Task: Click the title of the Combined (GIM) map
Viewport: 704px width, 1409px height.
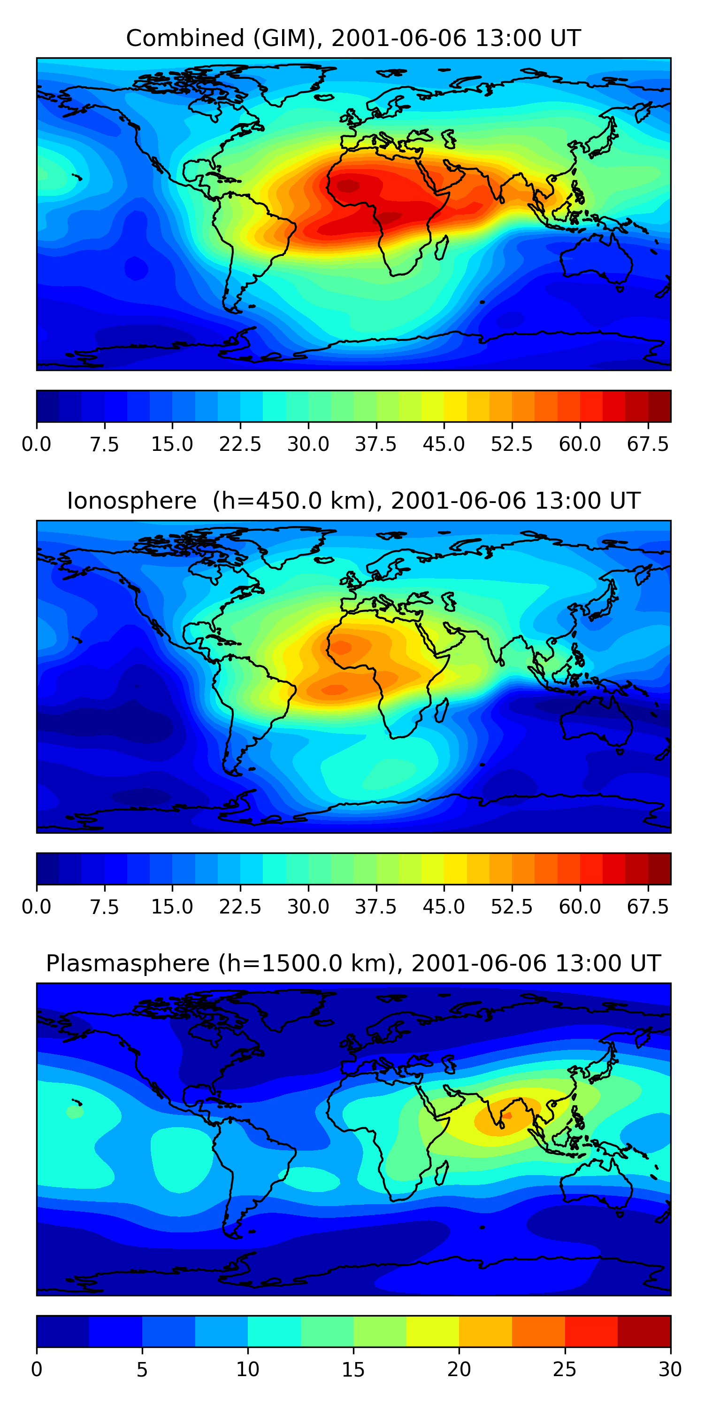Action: pyautogui.click(x=353, y=39)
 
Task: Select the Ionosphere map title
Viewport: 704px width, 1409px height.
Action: pyautogui.click(x=353, y=501)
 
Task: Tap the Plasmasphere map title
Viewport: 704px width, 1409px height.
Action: pyautogui.click(x=353, y=963)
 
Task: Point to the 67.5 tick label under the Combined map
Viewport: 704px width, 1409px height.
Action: pyautogui.click(x=648, y=445)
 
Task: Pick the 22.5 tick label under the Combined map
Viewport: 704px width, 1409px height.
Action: pyautogui.click(x=240, y=445)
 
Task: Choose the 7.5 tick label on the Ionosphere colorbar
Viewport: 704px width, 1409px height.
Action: pyautogui.click(x=104, y=907)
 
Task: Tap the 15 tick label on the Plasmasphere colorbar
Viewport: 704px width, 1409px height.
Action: pyautogui.click(x=353, y=1370)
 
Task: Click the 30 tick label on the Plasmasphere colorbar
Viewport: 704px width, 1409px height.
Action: pyautogui.click(x=670, y=1370)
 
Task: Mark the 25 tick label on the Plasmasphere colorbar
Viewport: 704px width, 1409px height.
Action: pyautogui.click(x=564, y=1370)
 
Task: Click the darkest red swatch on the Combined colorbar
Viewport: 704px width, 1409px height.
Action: pyautogui.click(x=659, y=406)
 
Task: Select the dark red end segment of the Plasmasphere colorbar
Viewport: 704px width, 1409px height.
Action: pyautogui.click(x=644, y=1331)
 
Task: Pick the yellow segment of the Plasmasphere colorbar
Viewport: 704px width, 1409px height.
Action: pyautogui.click(x=432, y=1331)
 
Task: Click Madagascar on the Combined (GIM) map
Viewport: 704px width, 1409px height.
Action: pyautogui.click(x=442, y=247)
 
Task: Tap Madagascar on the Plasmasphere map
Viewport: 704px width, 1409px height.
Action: pyautogui.click(x=442, y=1173)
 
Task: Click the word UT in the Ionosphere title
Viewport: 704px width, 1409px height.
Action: pyautogui.click(x=626, y=501)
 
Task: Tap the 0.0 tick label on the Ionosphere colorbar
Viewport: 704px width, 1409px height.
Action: pyautogui.click(x=37, y=907)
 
